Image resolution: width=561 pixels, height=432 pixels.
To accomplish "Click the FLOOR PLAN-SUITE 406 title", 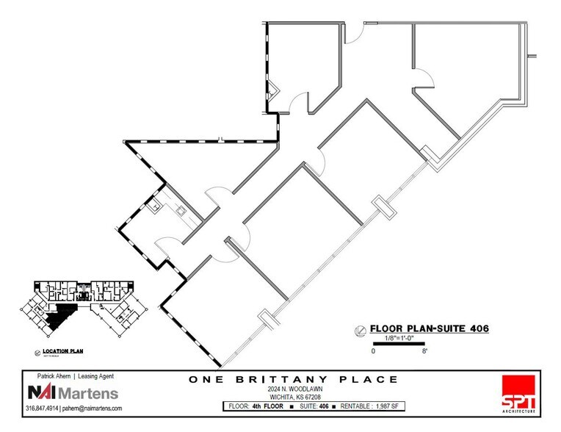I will coord(429,328).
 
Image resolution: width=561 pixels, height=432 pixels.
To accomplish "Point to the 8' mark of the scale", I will coord(425,352).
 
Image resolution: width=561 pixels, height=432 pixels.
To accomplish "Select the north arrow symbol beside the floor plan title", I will coord(359,329).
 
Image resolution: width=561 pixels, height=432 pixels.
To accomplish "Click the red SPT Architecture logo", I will coord(518,394).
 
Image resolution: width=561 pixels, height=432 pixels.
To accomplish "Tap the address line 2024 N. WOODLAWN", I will coord(292,389).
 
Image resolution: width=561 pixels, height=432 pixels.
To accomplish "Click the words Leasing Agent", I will coord(96,376).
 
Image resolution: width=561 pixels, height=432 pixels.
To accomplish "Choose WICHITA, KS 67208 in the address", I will coord(292,396).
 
